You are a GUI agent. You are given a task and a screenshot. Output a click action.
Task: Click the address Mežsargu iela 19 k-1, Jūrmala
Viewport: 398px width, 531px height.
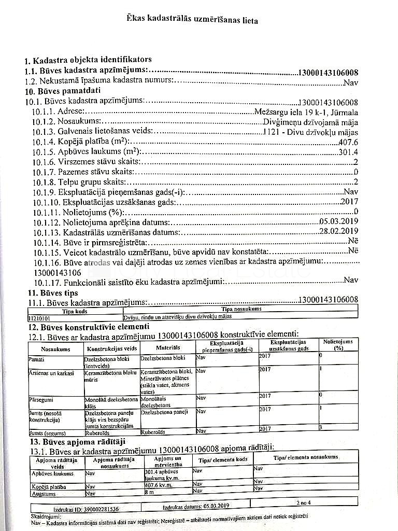click(x=306, y=111)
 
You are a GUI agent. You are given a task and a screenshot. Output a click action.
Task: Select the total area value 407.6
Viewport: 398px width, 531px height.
click(x=348, y=142)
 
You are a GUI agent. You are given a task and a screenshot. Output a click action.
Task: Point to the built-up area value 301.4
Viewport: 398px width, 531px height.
click(x=348, y=152)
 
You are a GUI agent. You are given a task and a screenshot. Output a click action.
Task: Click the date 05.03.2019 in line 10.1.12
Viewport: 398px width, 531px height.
click(x=339, y=221)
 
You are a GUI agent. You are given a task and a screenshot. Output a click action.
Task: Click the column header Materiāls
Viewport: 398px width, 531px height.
click(x=167, y=347)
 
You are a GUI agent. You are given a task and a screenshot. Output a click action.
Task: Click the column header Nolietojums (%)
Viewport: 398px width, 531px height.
click(x=338, y=345)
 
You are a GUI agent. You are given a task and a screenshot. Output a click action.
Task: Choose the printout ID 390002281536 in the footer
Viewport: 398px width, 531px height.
click(x=86, y=509)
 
